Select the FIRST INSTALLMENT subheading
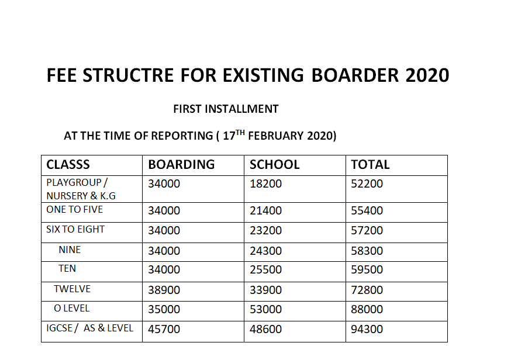[226, 109]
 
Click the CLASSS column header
[68, 165]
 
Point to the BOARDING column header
[181, 165]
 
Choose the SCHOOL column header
[274, 165]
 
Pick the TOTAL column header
[370, 165]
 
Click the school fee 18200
[265, 184]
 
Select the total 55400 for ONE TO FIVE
[367, 210]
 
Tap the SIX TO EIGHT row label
[75, 230]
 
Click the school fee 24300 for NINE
[265, 251]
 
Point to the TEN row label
[67, 269]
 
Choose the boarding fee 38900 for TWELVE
[164, 290]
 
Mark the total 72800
[367, 290]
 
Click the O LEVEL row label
[71, 308]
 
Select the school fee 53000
[265, 309]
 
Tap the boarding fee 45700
[164, 329]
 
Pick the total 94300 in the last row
[367, 329]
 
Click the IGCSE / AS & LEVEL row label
[89, 328]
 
